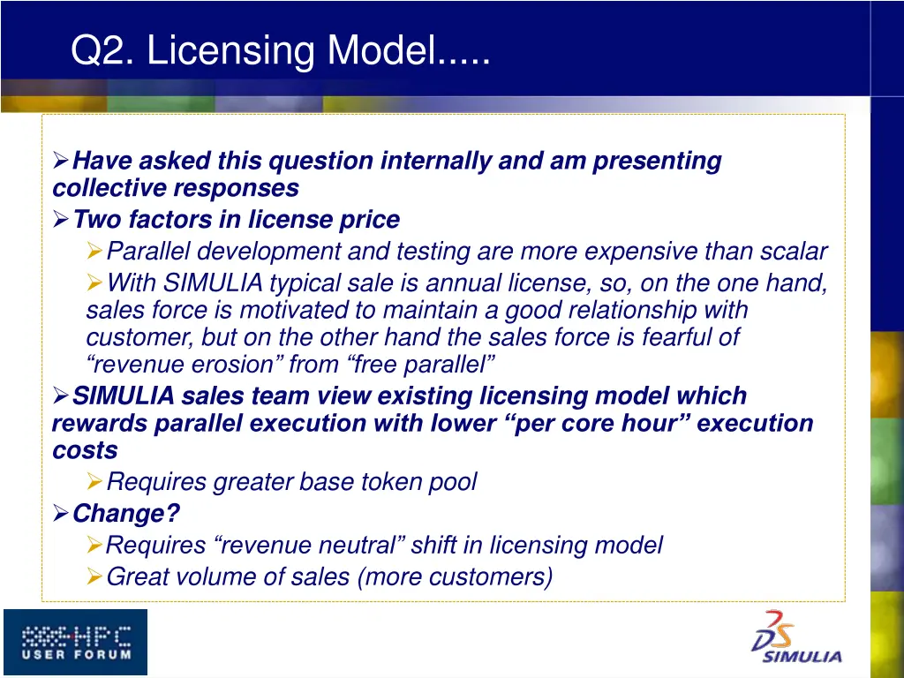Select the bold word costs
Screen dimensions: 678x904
[85, 450]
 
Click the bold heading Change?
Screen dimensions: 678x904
[126, 513]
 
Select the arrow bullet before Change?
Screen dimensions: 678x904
[60, 512]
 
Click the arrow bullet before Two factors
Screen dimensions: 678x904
[60, 218]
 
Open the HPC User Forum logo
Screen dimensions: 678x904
[75, 642]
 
